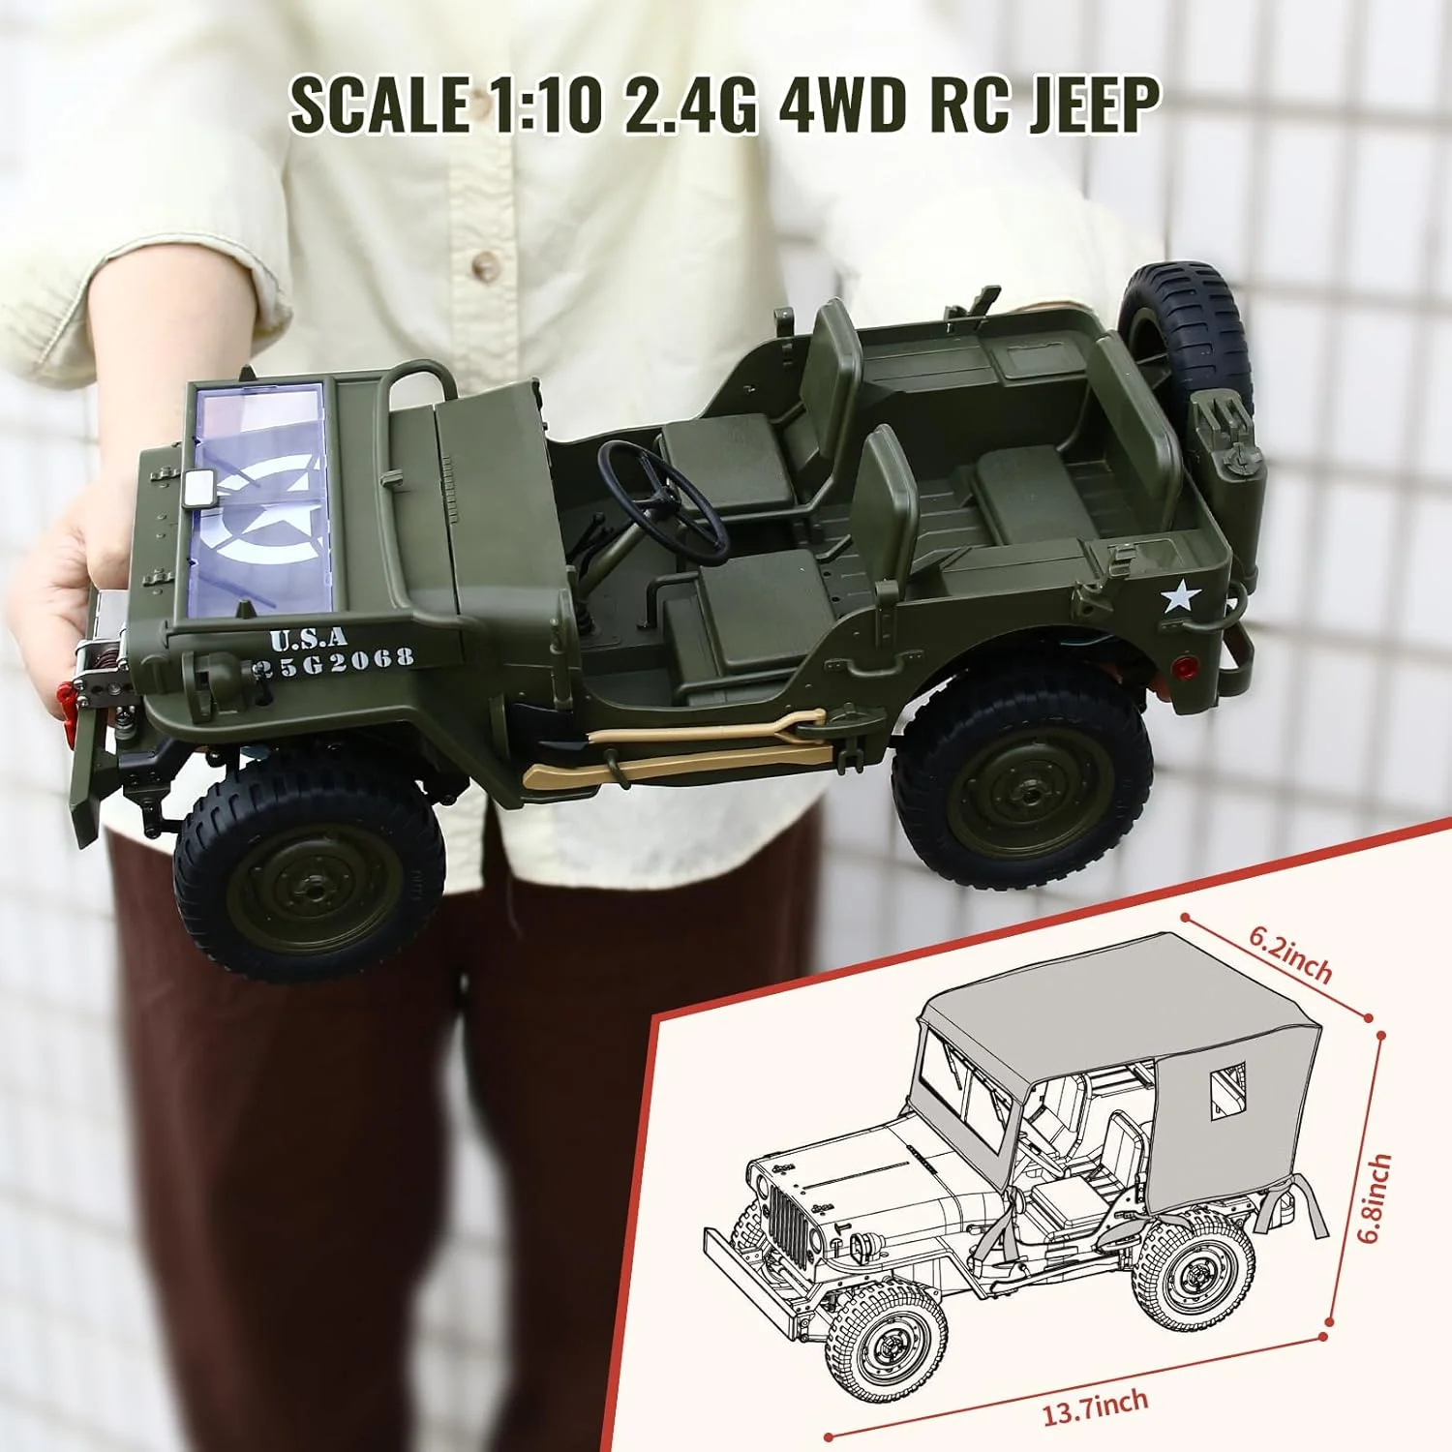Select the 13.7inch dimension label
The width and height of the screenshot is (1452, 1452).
(x=1095, y=1406)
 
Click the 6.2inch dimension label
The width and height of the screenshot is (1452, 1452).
(x=1289, y=953)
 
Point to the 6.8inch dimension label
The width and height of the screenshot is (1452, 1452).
(x=1375, y=1197)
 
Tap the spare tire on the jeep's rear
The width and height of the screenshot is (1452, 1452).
(x=1187, y=334)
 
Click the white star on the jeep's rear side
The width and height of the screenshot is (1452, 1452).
(x=1181, y=595)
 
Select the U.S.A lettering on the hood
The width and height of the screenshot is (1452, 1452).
(x=308, y=638)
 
